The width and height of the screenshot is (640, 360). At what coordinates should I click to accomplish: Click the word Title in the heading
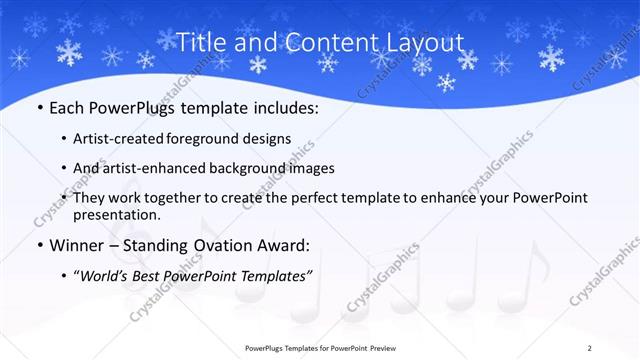point(202,42)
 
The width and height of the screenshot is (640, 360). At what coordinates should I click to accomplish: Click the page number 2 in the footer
point(618,348)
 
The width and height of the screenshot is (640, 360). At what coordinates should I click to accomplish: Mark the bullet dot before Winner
point(39,246)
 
